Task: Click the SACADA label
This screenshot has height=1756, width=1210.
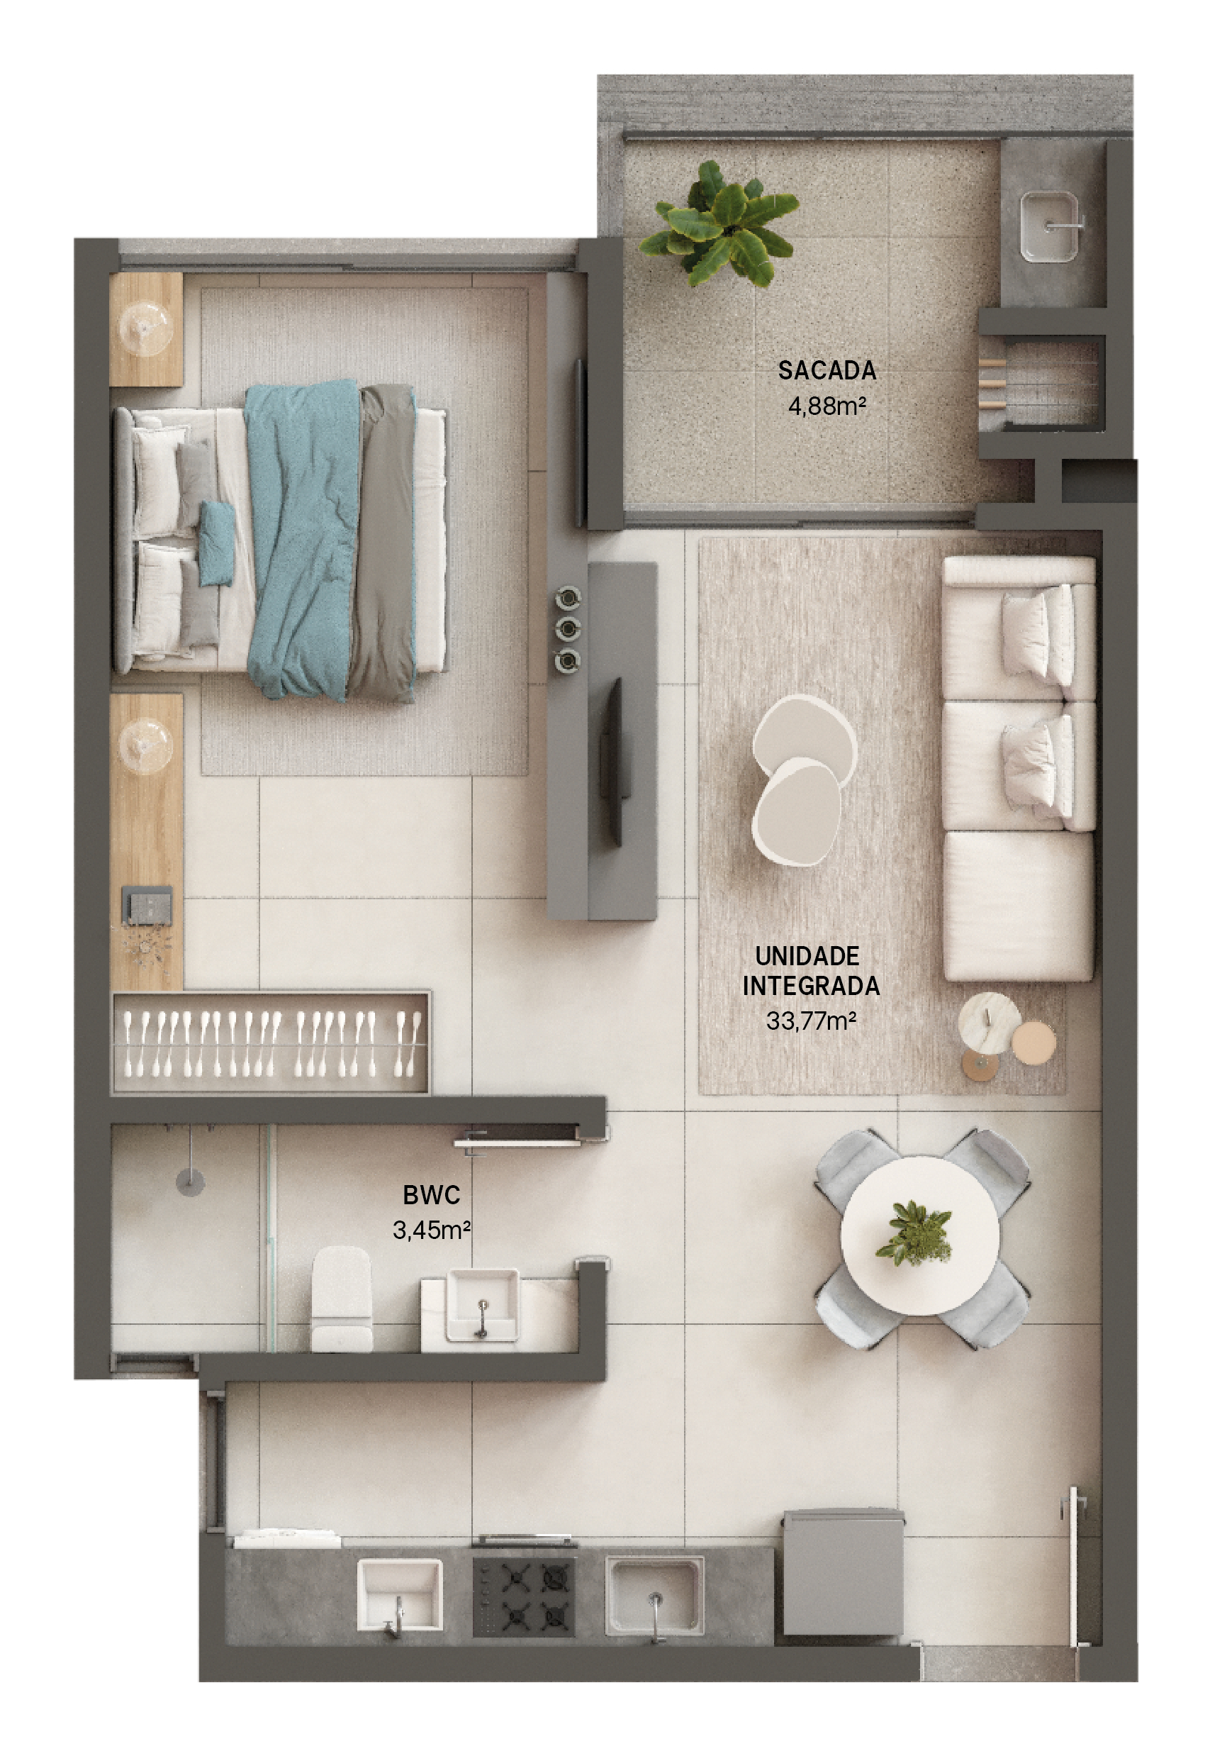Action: pyautogui.click(x=827, y=371)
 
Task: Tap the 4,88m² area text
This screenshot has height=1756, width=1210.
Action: pyautogui.click(x=827, y=406)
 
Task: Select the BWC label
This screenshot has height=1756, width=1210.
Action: pyautogui.click(x=432, y=1195)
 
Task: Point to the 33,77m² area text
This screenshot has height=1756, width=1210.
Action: pyautogui.click(x=810, y=1021)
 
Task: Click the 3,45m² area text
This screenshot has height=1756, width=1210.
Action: pyautogui.click(x=432, y=1230)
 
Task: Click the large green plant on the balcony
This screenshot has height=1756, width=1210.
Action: pyautogui.click(x=718, y=224)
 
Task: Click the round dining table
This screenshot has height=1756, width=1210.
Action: pyautogui.click(x=919, y=1236)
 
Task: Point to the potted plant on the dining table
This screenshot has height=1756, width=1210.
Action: pyautogui.click(x=914, y=1233)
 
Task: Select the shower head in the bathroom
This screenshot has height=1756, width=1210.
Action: pyautogui.click(x=190, y=1181)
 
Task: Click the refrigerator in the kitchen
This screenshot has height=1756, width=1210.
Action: pyautogui.click(x=844, y=1571)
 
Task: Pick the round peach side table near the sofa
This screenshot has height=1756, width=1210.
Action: pyautogui.click(x=1033, y=1041)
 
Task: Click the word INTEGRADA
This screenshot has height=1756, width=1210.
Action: pyautogui.click(x=810, y=986)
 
